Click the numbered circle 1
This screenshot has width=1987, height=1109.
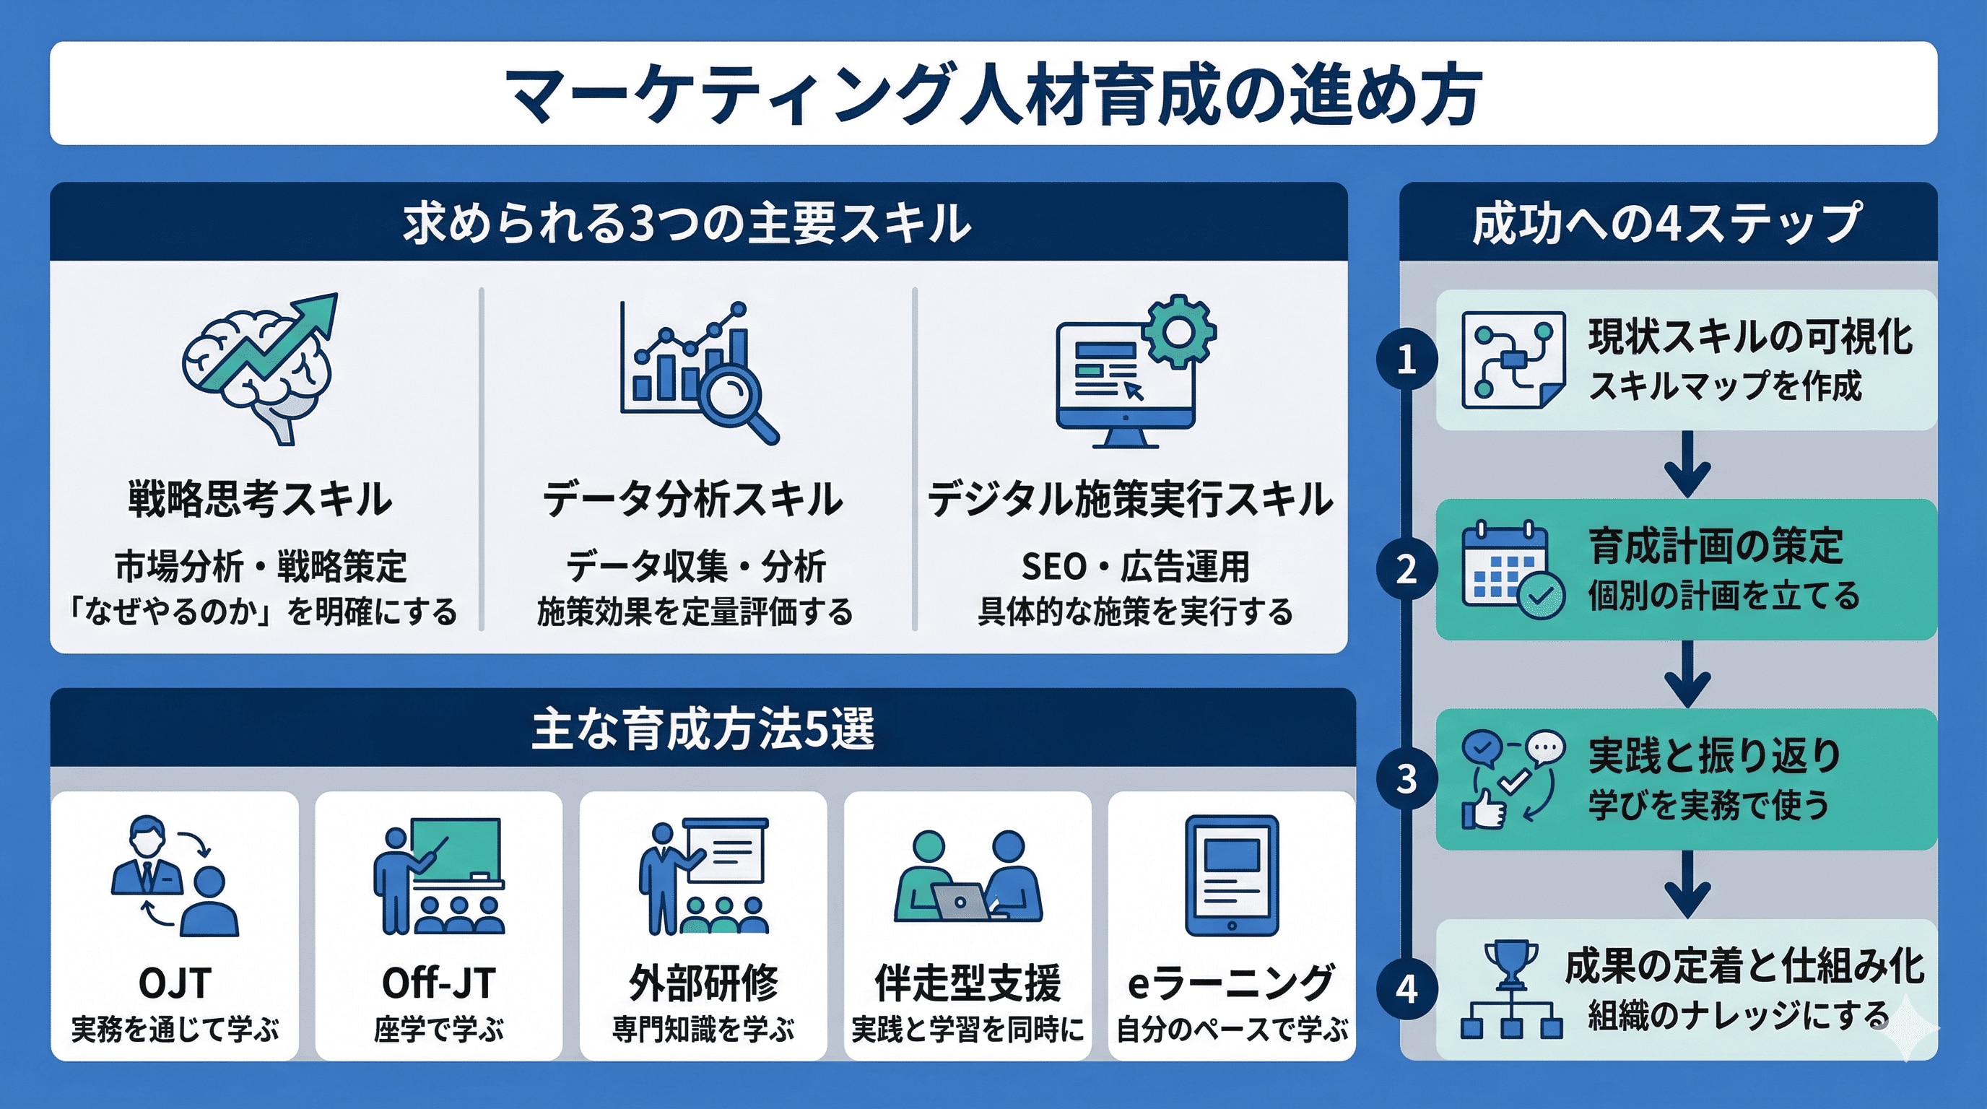1406,360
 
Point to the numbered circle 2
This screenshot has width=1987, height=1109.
1406,569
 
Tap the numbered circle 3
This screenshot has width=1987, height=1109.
1406,779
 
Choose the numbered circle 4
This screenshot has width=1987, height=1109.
1406,988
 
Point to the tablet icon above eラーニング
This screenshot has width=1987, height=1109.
1231,875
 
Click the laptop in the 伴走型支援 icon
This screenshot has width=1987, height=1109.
960,901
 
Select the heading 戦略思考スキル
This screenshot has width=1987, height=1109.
260,498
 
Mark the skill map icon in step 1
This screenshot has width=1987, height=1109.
1513,360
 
